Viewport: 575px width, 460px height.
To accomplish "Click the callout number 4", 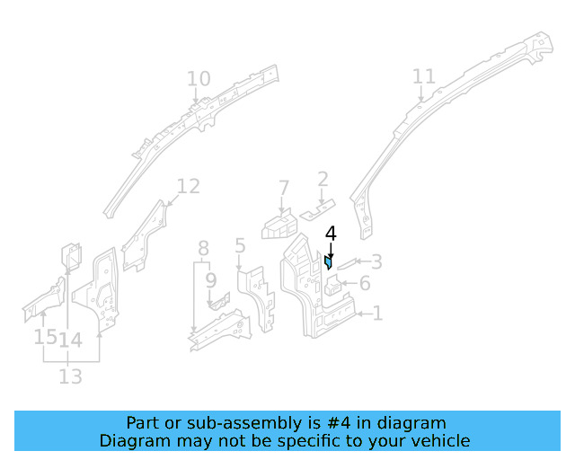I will pos(331,234).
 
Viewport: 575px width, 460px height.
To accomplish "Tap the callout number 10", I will pos(199,80).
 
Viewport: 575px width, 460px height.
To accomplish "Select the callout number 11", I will pos(423,77).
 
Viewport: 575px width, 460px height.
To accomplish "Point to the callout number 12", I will pos(188,187).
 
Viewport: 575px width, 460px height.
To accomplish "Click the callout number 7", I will pos(284,189).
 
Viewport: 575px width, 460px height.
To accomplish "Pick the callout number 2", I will pos(322,180).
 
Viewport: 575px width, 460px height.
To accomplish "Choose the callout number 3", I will pos(376,262).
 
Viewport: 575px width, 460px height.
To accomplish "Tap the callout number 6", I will pos(364,285).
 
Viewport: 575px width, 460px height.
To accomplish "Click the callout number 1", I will pos(377,314).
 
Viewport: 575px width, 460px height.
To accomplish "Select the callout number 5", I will pos(240,245).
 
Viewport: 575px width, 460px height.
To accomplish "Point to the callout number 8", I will pos(204,248).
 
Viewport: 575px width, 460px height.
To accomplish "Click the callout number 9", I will pos(210,280).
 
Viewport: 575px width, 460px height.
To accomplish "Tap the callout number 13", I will pos(71,376).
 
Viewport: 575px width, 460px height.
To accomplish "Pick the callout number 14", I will pos(71,340).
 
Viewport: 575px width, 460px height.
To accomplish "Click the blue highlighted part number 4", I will pos(329,262).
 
